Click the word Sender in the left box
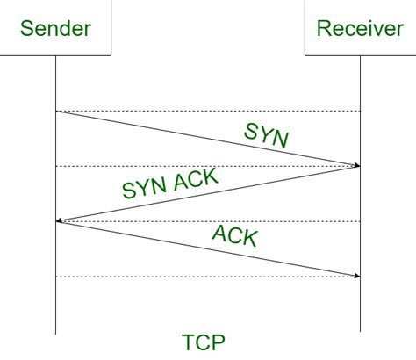[56, 29]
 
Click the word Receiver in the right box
[360, 29]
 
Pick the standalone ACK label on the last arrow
[234, 235]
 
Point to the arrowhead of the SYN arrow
[357, 166]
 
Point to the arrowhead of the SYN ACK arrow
[59, 221]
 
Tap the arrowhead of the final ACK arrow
[357, 276]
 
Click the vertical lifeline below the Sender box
[55, 307]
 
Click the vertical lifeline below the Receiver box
[361, 307]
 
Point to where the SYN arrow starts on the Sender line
[56, 112]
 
